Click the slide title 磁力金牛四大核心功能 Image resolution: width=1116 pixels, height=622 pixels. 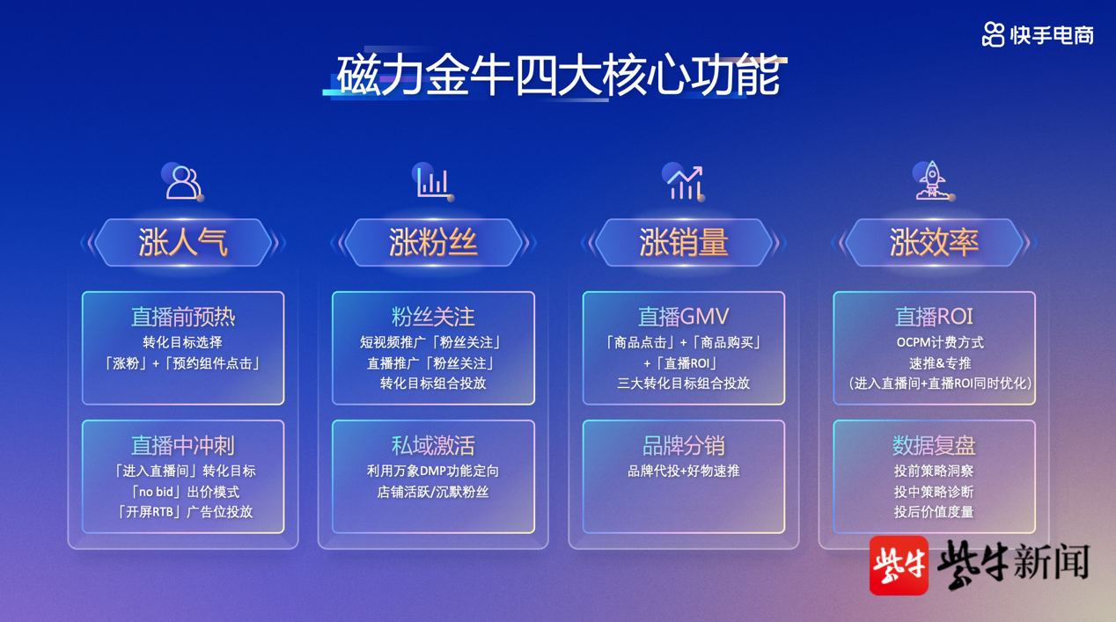[558, 75]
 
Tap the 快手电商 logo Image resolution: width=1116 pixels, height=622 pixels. [1038, 35]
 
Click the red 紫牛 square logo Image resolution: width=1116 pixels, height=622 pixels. [899, 566]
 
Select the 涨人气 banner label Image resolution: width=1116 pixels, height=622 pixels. [183, 243]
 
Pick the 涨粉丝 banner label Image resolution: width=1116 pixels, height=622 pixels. [433, 243]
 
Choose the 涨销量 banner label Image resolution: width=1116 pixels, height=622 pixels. [684, 243]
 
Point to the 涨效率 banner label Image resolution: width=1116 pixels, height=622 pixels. [934, 243]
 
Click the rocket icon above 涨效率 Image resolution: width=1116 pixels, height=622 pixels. [933, 180]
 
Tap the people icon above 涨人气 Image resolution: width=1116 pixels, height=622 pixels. [183, 182]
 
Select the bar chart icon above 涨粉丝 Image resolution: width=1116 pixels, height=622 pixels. [433, 182]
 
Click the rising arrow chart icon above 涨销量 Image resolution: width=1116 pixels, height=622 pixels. [684, 182]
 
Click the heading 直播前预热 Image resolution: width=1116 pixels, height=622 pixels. [183, 317]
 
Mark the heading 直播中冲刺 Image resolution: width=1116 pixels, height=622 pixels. [183, 445]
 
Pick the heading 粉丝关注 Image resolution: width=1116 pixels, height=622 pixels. [433, 317]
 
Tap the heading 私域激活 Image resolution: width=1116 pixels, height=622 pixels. [433, 445]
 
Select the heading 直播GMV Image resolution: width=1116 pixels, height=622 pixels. [684, 317]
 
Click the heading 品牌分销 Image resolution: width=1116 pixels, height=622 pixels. [684, 445]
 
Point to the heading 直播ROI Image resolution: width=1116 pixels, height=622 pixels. [934, 317]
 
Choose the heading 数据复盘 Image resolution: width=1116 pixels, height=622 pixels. [934, 445]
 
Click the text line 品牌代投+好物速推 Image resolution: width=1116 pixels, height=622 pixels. [684, 471]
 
